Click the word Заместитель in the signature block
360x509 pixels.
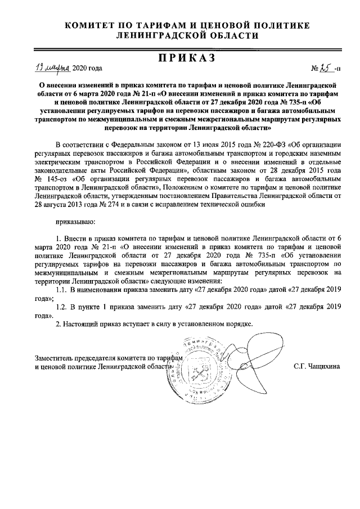click(x=55, y=357)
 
